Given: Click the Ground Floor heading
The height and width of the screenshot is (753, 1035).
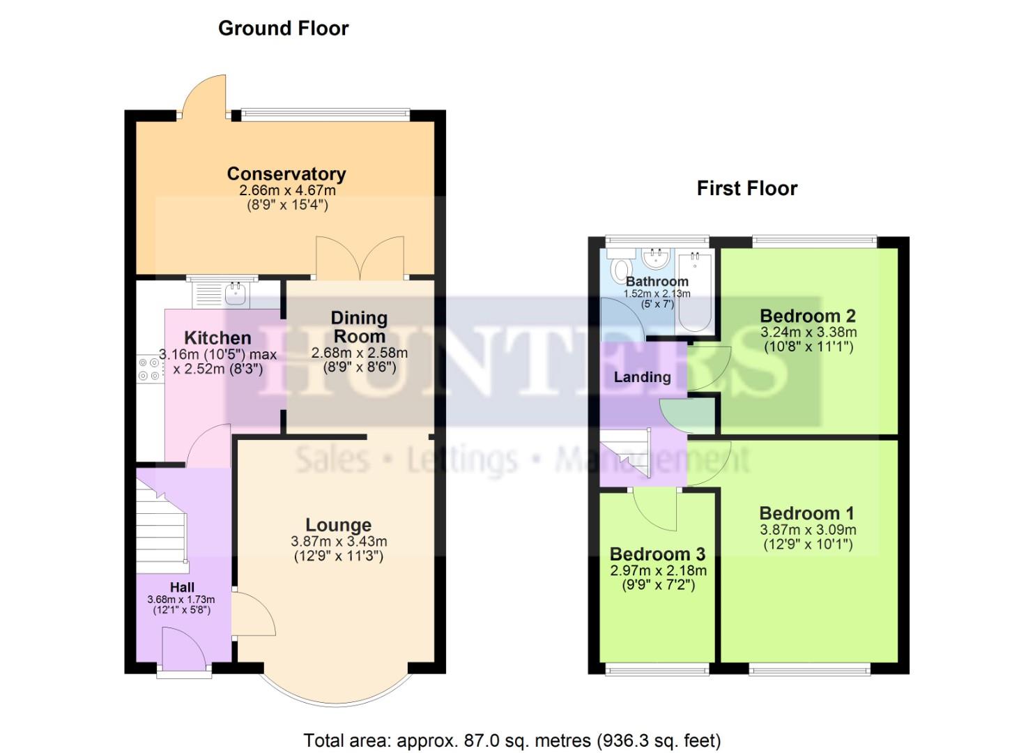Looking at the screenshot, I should pos(283,29).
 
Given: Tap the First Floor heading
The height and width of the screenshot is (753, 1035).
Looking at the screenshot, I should pos(746,188).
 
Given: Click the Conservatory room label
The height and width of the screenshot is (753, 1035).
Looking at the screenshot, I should pos(286,174).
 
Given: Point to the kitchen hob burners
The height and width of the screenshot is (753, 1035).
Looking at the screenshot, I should pos(149,369).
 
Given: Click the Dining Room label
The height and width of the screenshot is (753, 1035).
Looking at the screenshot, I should pos(359,326).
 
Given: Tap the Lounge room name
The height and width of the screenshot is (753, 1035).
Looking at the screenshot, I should pos(338,525).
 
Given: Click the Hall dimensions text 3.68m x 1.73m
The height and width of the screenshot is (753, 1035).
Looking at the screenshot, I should pos(181,600).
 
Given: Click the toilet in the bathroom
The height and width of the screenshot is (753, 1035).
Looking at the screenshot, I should pos(620,268).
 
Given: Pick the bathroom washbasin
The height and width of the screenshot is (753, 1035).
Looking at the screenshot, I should pos(655,259).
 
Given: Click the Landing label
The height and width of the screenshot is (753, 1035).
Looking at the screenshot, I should pos(642,377).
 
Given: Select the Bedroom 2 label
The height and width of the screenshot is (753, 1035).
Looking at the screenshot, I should pos(808,316).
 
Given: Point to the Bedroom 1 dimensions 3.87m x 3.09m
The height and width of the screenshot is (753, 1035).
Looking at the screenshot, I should pos(808,530).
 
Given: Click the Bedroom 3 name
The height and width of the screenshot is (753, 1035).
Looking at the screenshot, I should pos(657,554).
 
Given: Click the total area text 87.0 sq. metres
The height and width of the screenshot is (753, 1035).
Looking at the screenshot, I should pos(512,740).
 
